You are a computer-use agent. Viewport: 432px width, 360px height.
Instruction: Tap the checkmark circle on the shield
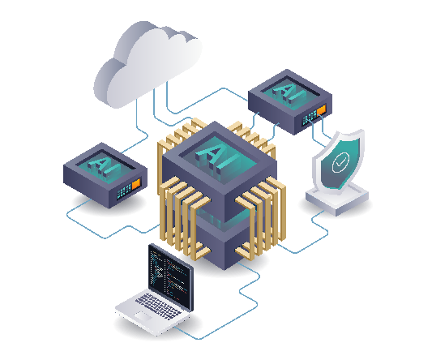coord(340,163)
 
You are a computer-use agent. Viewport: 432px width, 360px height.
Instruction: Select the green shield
coord(339,161)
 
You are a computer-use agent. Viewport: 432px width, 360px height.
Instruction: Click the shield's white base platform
coord(337,199)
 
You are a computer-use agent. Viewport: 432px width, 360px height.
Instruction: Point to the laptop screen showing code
coord(170,276)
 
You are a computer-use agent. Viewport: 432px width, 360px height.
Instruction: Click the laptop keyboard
coord(159,306)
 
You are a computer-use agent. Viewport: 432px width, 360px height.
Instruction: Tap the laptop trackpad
coord(143,316)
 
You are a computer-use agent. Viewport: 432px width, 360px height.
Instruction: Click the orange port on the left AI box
coord(136,184)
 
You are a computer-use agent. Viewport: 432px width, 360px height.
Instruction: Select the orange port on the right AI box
coord(321,109)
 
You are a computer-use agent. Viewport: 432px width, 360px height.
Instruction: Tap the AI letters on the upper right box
coord(289,93)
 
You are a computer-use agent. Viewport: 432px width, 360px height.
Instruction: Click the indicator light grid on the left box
coord(124,191)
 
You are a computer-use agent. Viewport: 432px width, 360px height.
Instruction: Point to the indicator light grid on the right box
coord(309,118)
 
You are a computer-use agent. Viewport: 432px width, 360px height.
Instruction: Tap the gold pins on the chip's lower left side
coord(185,218)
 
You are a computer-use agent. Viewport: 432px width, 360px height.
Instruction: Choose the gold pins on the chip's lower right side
coord(261,218)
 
